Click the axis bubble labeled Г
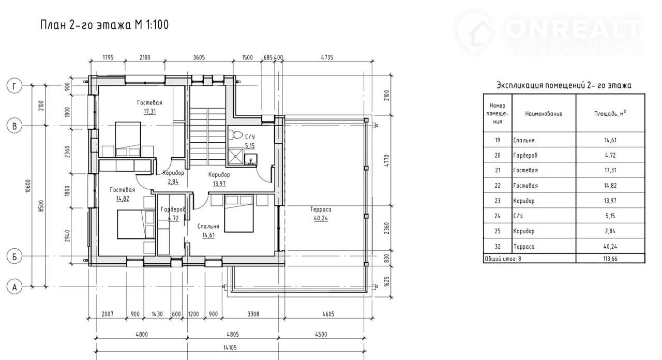tap(14, 86)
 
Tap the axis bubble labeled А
tap(14, 287)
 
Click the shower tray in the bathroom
tap(235, 157)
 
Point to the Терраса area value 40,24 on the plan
tap(321, 218)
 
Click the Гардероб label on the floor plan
tap(173, 209)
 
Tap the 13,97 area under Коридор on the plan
tap(219, 184)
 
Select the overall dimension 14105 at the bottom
tap(230, 348)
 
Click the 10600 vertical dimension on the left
tap(28, 186)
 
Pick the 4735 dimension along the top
tap(327, 57)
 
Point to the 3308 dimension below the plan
tap(253, 314)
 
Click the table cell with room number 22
tap(498, 186)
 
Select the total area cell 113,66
tap(610, 259)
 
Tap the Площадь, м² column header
tap(610, 113)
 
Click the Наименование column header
tap(544, 114)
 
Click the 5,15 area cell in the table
tap(610, 216)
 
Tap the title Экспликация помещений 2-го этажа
tap(564, 85)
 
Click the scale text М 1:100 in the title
tap(152, 25)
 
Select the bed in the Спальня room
tap(239, 214)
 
